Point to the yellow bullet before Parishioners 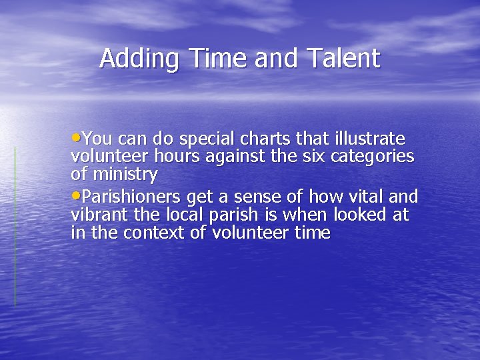click(75, 196)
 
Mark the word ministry click(124, 175)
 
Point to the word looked click(361, 215)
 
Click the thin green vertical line click(15, 227)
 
